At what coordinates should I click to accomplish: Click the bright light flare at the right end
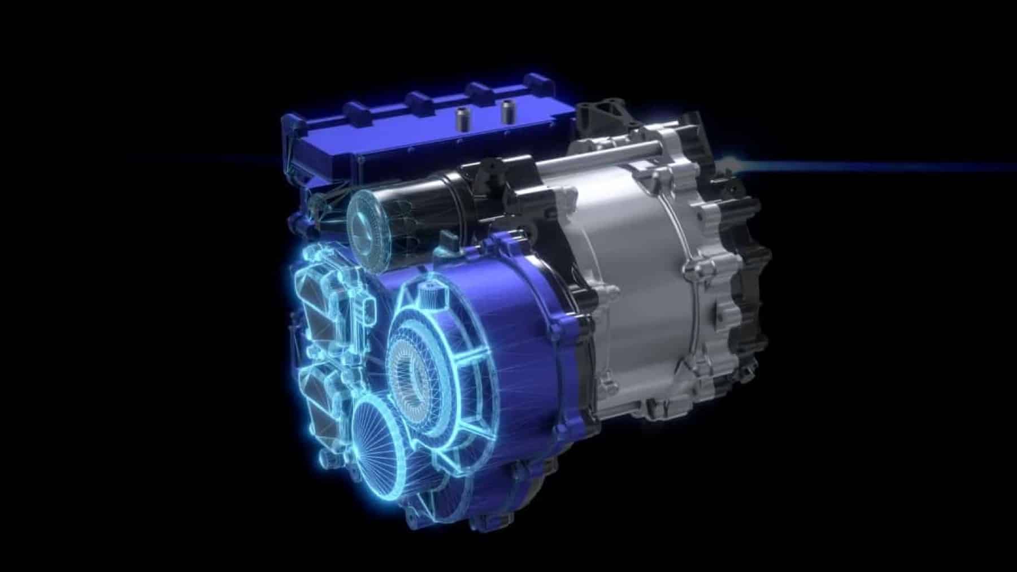click(735, 164)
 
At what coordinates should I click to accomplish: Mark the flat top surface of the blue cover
click(395, 136)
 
